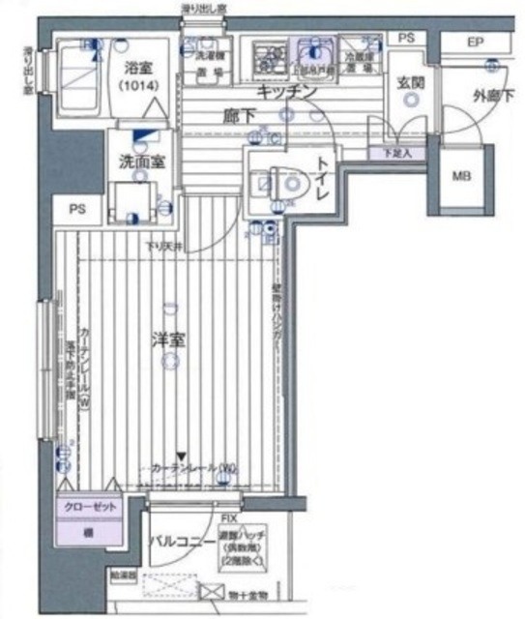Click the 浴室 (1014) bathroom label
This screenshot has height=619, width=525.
141,76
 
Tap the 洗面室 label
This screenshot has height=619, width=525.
140,162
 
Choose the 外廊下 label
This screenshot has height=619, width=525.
493,95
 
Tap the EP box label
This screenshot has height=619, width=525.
475,43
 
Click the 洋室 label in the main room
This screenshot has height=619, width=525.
169,340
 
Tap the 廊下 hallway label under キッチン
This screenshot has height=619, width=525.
238,114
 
